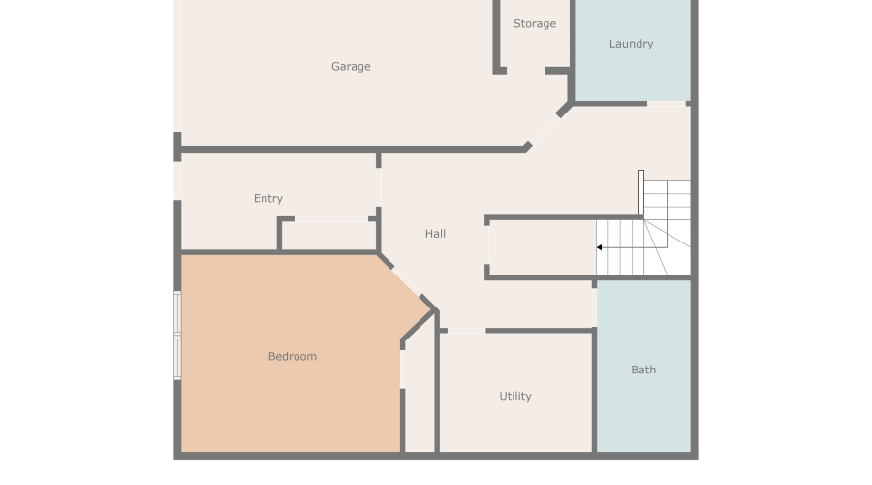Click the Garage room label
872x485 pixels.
coord(351,67)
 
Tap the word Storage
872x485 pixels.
coord(535,24)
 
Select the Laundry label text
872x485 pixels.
coord(631,44)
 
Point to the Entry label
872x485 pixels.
coord(268,199)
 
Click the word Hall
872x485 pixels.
coord(435,234)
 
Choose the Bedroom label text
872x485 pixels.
coord(292,357)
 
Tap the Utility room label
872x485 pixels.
coord(514,396)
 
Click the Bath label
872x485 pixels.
coord(643,370)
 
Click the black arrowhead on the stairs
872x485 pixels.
coord(600,247)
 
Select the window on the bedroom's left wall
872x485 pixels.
coord(177,335)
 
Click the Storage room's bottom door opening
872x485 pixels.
coord(525,69)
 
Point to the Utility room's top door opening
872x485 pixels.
coord(466,331)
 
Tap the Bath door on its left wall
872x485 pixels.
coord(595,306)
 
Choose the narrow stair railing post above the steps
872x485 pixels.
coord(640,192)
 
